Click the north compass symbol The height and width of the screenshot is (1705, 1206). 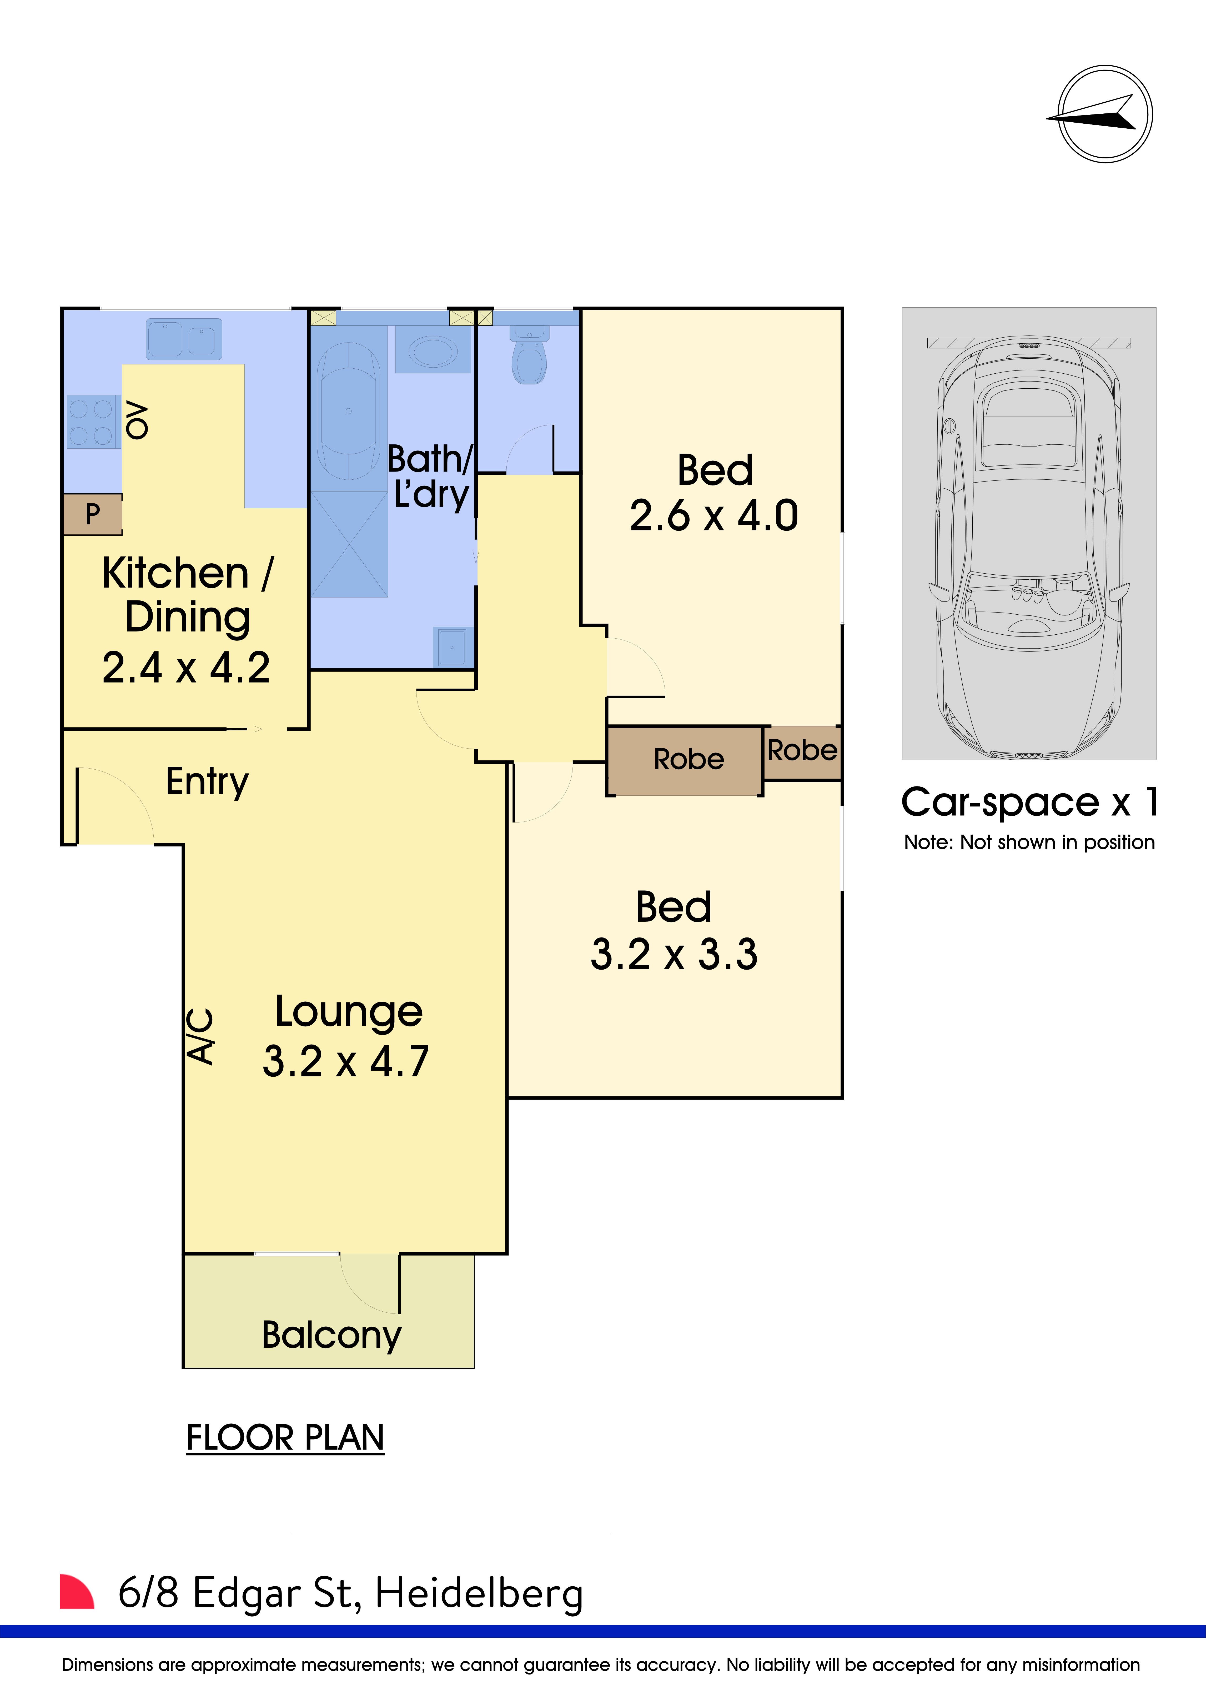tap(1105, 114)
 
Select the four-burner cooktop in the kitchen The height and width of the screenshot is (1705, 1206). tap(94, 421)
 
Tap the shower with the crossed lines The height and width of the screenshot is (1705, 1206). tap(349, 544)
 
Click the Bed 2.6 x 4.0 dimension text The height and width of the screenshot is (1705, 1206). tap(714, 515)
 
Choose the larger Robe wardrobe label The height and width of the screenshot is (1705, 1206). tap(689, 759)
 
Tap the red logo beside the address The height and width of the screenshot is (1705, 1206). tap(77, 1591)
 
